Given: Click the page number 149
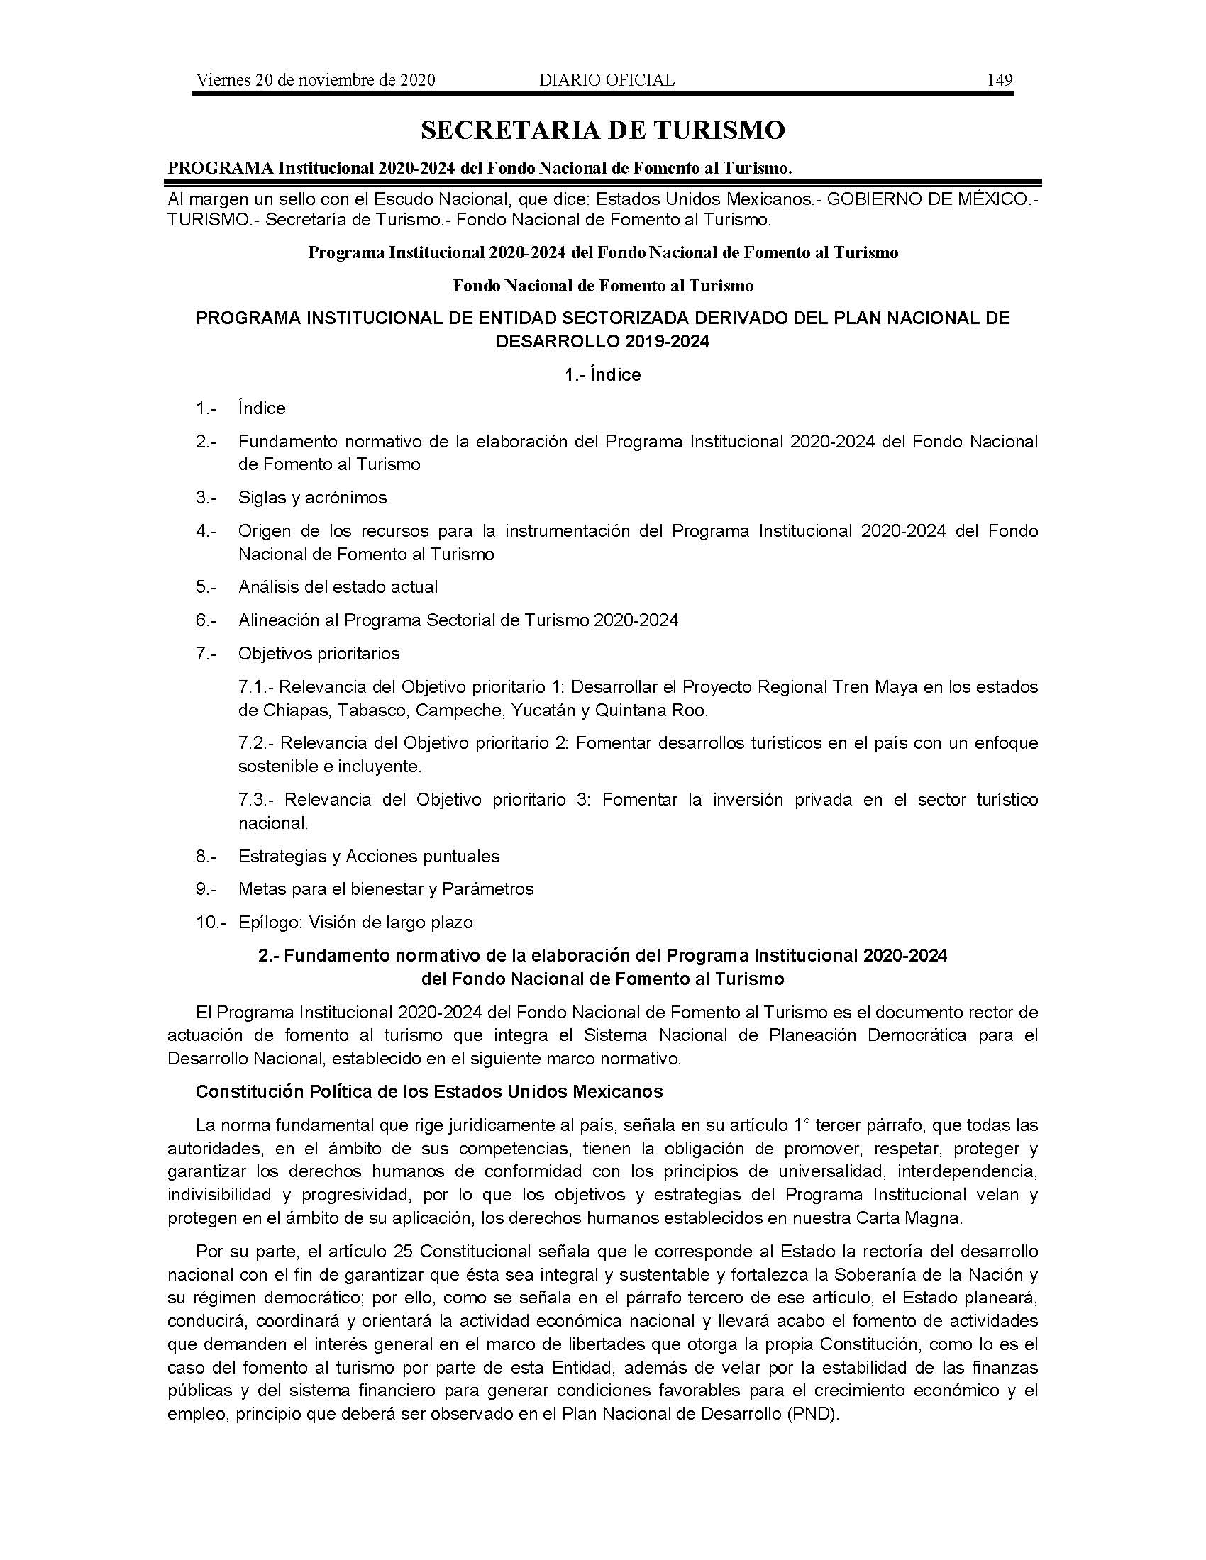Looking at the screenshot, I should coord(1000,80).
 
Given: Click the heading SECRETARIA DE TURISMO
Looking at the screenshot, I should coord(602,130).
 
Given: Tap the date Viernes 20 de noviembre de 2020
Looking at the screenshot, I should coord(315,80).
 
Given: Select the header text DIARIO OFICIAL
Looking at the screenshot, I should coord(607,80).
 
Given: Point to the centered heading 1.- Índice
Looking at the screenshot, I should coord(602,375).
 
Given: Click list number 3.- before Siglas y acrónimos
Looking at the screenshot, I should coord(206,498).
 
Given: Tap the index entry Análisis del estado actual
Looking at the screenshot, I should coord(338,587).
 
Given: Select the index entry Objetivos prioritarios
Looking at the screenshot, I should coord(319,654).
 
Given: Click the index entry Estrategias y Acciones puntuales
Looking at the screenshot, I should coord(369,857).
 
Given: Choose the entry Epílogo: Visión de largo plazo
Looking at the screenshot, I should coord(355,923).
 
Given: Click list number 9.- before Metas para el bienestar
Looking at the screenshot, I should coord(206,889).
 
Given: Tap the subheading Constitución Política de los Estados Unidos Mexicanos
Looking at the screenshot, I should coord(428,1092).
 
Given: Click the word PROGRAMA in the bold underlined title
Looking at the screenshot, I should coord(220,168).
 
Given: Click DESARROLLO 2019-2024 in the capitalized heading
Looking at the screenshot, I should coord(602,342).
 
